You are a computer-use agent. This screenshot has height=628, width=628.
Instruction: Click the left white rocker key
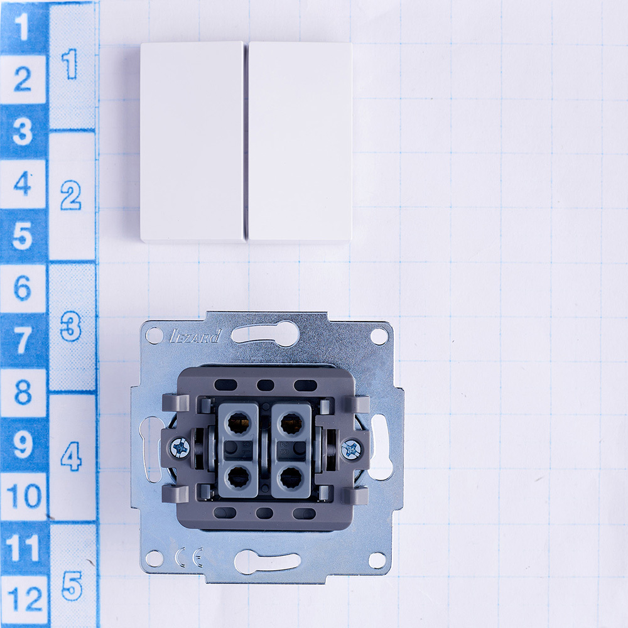pos(193,142)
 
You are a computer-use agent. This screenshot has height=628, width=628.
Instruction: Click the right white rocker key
pos(300,142)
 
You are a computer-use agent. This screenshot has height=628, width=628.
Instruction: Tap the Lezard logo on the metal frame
pos(195,337)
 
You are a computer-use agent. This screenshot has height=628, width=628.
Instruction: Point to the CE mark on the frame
pos(188,556)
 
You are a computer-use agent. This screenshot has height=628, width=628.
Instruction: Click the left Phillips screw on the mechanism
pos(180,447)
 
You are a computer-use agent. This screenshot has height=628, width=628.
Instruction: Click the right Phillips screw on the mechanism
pos(351,450)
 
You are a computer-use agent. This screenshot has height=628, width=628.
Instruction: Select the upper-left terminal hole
pos(238,423)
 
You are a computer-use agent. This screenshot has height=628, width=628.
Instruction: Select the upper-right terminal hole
pos(291,423)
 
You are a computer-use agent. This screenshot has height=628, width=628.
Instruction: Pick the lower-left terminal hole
pos(238,477)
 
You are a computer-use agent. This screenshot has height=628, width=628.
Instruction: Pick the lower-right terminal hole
pos(291,478)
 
